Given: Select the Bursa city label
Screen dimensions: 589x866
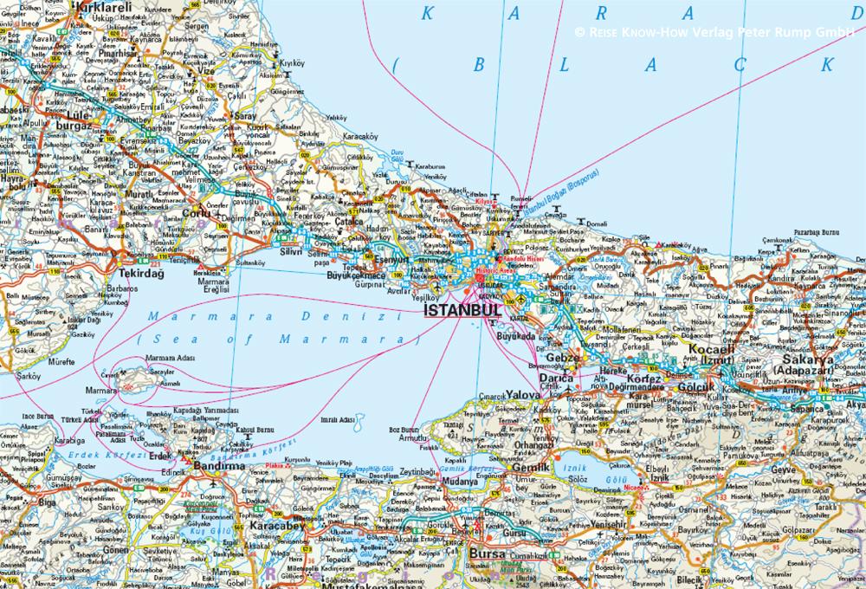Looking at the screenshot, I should (486, 554).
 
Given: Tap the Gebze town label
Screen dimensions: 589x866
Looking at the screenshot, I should (562, 358).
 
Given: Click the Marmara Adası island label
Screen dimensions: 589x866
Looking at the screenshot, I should (170, 358).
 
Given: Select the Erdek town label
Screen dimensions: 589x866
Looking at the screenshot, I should (160, 454).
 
